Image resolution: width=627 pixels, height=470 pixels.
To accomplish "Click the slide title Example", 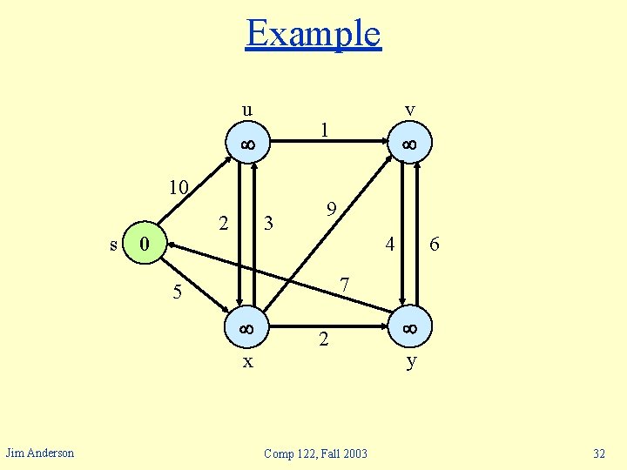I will point(313,34).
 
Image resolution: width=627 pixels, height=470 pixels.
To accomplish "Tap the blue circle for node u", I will point(247,144).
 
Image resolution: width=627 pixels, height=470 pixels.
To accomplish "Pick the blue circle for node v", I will point(408,144).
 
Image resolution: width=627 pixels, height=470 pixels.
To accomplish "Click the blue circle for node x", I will point(247,329).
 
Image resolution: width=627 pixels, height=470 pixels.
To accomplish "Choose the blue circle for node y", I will point(408,329).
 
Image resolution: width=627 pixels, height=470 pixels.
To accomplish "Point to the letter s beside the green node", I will point(114,245).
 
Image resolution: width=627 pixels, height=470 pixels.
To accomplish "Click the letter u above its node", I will point(247,110).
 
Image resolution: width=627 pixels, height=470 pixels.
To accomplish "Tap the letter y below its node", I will point(410,360).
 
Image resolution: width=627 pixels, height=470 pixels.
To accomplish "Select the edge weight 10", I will point(179,188).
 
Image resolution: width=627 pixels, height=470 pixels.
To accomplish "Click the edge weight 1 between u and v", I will point(324,131).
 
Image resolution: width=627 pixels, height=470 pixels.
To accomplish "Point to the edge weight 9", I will point(331,210).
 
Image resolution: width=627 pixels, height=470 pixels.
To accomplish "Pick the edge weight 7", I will point(345,285).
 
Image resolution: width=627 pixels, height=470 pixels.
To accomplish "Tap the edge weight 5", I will point(177,292).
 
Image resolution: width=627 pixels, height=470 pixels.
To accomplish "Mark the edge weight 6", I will point(435,247).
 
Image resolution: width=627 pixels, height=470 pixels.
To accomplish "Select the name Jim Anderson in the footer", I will point(40,453).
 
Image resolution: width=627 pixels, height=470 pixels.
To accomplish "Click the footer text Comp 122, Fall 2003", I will point(315,453).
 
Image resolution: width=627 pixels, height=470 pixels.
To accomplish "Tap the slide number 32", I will point(598,453).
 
